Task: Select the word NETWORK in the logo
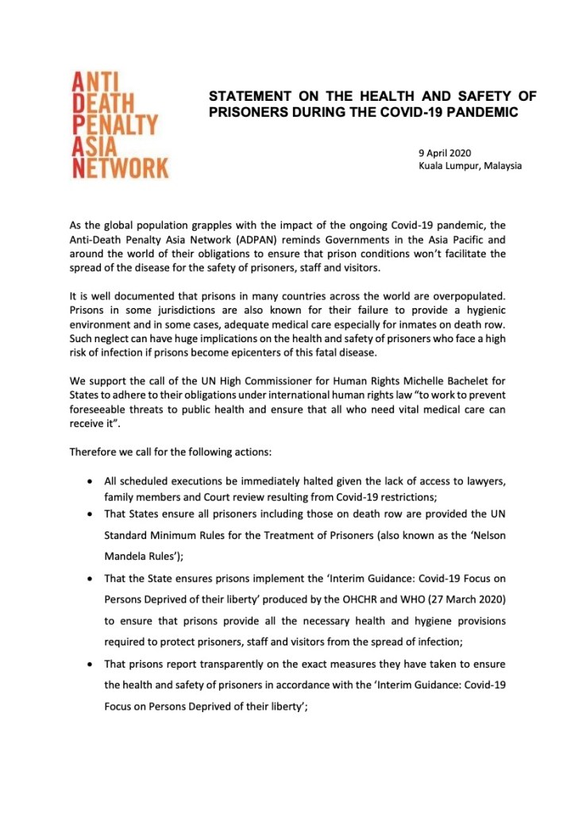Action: click(x=120, y=168)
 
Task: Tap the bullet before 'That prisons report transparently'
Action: click(x=93, y=662)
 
